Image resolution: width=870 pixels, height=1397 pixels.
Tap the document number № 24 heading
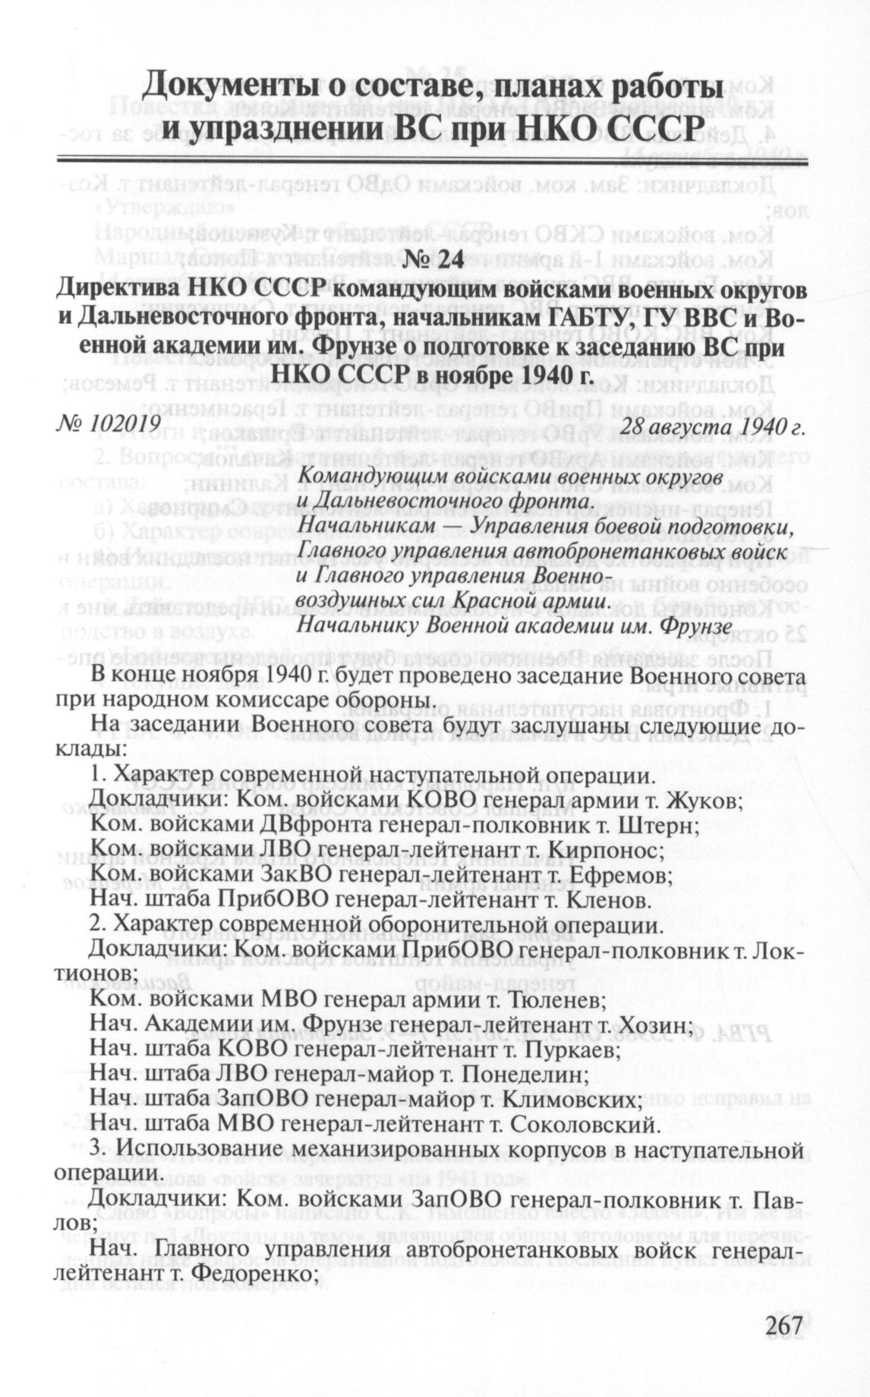coord(433,259)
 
